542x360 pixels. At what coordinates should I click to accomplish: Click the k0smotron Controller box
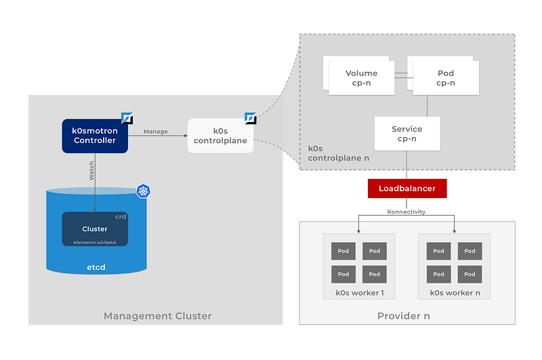point(94,136)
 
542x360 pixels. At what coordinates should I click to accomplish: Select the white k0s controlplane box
point(221,136)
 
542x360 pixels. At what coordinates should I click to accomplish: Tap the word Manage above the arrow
point(156,132)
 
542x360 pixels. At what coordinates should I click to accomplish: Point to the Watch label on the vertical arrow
point(91,170)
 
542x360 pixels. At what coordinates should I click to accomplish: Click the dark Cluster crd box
point(95,229)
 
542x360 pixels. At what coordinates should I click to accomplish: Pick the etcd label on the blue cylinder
point(95,268)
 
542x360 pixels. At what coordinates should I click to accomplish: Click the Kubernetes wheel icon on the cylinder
point(143,191)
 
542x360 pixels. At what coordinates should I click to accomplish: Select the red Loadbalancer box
point(406,188)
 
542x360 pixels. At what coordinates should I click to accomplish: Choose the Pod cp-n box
point(445,78)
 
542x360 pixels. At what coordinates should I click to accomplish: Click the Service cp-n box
point(407,134)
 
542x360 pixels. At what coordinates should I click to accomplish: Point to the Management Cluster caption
point(157,316)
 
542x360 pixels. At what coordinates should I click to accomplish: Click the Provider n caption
point(403,316)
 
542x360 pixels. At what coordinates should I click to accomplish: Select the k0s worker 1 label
point(359,294)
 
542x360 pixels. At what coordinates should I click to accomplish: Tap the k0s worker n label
point(454,294)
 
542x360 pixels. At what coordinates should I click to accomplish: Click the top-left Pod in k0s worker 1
point(343,251)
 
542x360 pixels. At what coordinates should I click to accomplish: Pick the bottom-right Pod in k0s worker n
point(470,274)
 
